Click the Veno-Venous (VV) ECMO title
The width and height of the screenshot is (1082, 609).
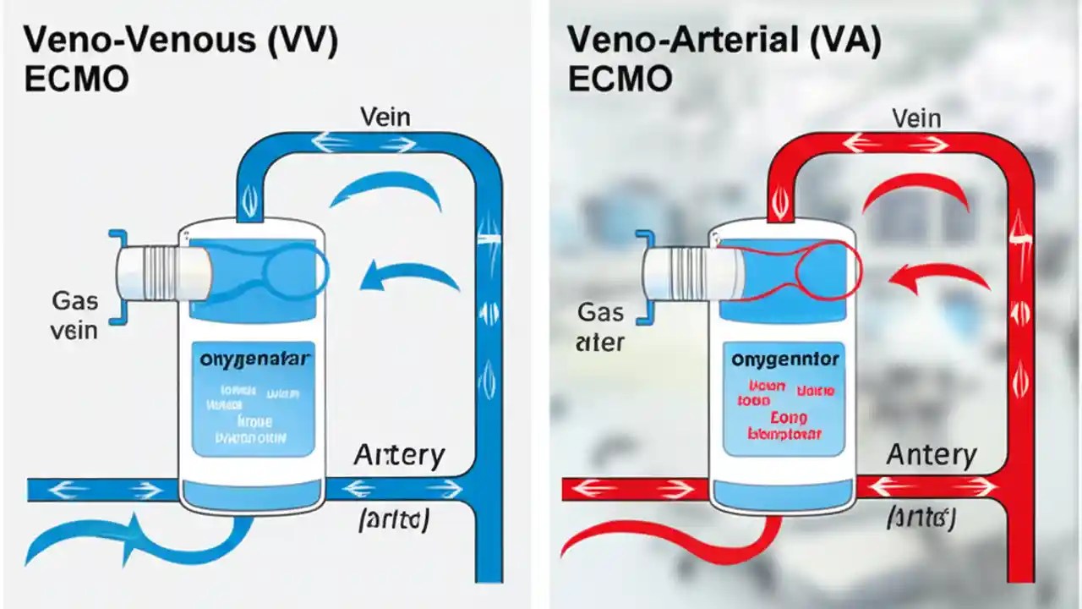tap(181, 58)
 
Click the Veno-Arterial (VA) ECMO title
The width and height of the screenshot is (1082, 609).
tap(724, 58)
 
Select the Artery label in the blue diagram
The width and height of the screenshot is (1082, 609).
tap(399, 456)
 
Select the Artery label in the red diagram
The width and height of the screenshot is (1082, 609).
tap(932, 456)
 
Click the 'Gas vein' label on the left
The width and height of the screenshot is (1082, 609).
tap(74, 315)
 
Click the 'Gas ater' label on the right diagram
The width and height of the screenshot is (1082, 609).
tap(600, 327)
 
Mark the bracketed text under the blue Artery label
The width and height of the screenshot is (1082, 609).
tap(395, 519)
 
